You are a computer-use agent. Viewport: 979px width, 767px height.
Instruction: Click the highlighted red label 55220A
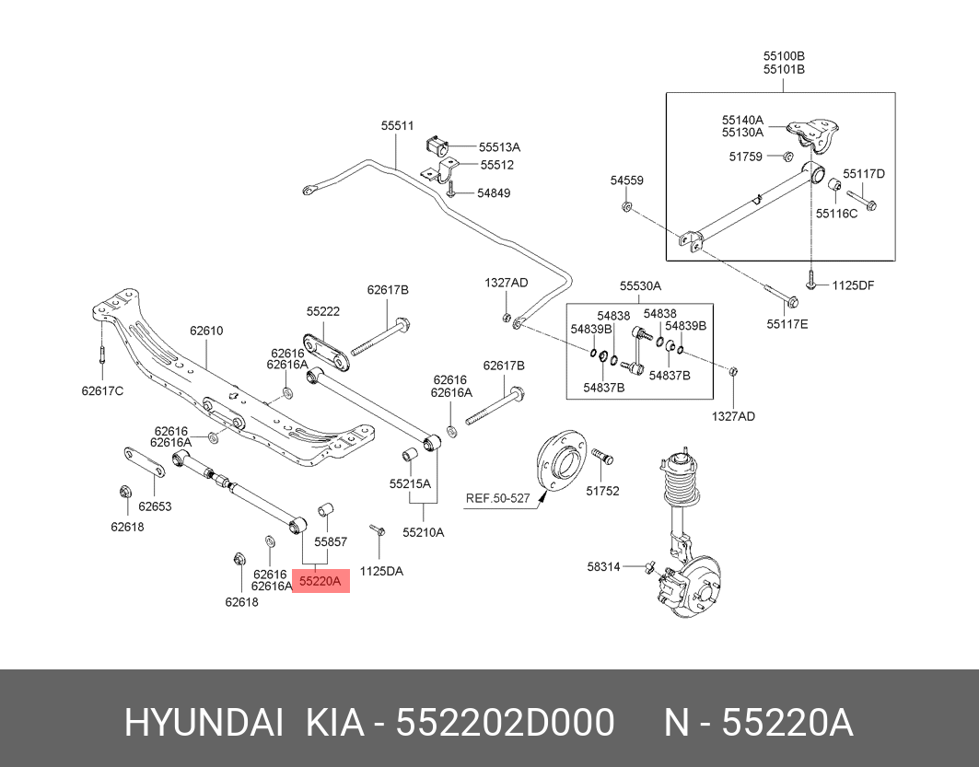(x=321, y=581)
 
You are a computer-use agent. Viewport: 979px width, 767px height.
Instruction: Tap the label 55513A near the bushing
(x=499, y=146)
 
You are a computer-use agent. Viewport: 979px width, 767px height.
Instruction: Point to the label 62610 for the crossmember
(x=206, y=331)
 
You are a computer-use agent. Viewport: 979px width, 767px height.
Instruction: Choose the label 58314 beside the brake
(x=603, y=566)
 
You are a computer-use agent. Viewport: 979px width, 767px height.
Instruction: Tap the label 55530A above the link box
(x=640, y=286)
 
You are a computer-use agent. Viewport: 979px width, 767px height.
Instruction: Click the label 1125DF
(x=853, y=285)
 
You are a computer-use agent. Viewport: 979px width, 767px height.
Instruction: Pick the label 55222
(x=323, y=312)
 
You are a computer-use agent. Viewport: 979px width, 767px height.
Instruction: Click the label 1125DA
(x=381, y=571)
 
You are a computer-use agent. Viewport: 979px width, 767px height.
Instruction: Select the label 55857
(x=331, y=542)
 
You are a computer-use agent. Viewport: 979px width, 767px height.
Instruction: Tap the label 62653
(x=155, y=506)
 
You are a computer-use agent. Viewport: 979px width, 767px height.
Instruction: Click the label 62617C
(x=102, y=389)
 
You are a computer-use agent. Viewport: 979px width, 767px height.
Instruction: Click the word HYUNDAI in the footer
(x=204, y=724)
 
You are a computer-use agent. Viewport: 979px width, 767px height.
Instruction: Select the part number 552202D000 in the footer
(x=505, y=724)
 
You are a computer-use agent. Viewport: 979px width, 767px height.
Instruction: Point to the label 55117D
(x=864, y=173)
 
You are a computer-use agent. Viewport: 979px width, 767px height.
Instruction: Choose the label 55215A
(x=410, y=482)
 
